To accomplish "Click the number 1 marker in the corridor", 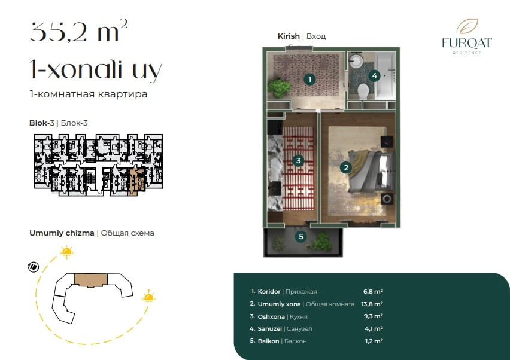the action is pos(309,79).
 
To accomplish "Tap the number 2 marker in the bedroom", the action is pos(346,167).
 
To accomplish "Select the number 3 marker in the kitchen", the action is pos(298,160).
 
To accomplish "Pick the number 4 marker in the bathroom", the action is pos(374,76).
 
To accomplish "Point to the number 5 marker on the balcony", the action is pos(301,237).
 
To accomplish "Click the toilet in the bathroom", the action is pos(363,91).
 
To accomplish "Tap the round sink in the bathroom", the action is pos(357,60).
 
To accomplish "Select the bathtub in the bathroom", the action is pos(385,76).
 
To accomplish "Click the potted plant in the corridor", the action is pos(279,87).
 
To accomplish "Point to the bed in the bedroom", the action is pos(371,172).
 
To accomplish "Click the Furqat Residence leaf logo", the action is pos(467,27).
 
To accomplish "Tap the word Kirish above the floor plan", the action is pos(289,36).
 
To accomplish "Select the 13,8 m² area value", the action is pos(372,304).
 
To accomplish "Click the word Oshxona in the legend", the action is pos(271,316).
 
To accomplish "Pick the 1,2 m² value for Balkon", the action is pos(374,341).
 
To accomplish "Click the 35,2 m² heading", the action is pos(78,31).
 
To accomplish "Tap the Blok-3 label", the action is pos(42,123).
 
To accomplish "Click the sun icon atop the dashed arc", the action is pos(66,252).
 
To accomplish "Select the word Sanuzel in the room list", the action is pos(269,329).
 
